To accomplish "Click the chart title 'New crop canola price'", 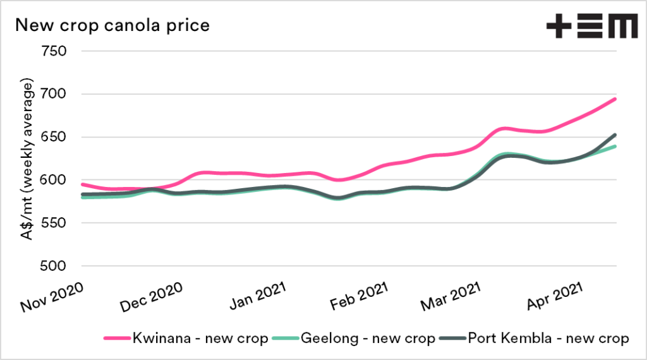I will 112,26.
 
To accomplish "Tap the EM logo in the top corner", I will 591,27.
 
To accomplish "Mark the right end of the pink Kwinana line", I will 615,99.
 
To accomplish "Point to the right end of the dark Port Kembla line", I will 615,135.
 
